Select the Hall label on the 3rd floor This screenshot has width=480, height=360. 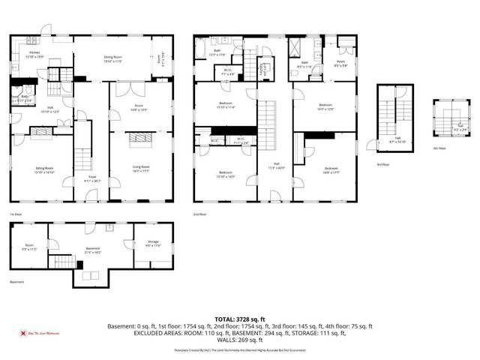(396, 139)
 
